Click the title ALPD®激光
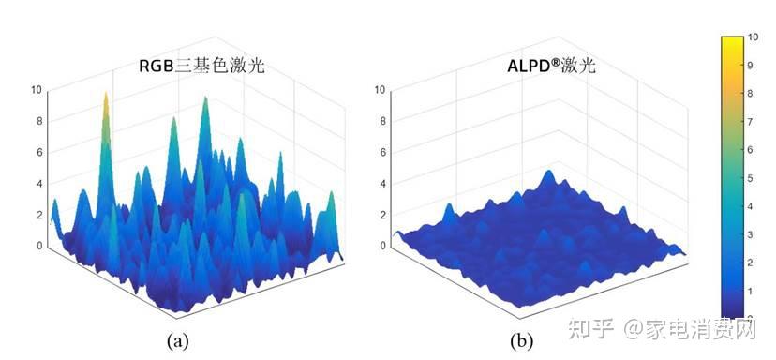pyautogui.click(x=545, y=66)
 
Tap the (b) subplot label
pyautogui.click(x=523, y=338)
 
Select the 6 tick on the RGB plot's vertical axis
pyautogui.click(x=37, y=152)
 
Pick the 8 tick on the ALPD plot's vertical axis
pyautogui.click(x=380, y=121)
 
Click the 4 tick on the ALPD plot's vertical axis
pyautogui.click(x=380, y=183)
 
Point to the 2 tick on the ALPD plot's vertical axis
pyautogui.click(x=380, y=215)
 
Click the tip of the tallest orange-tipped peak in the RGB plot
pyautogui.click(x=105, y=95)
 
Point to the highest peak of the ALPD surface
pyautogui.click(x=549, y=173)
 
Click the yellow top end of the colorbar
pyautogui.click(x=732, y=41)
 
